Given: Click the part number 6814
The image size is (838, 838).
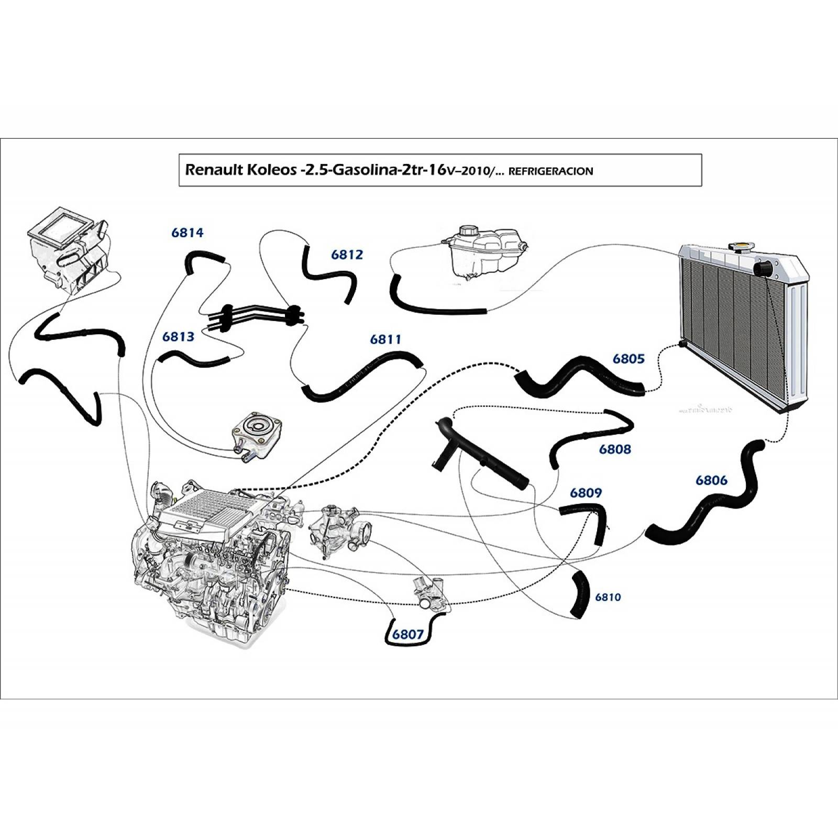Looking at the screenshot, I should coord(188,233).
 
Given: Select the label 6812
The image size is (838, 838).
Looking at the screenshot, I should coord(347,255).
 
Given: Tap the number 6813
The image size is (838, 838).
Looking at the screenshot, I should coord(178,337).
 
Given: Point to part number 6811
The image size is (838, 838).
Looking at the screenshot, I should coord(385,340).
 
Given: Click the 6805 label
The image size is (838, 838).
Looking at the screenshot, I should coord(629,359).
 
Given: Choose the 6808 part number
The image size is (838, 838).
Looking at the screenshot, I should coord(615,449).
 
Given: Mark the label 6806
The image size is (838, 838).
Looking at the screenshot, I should coord(711,480).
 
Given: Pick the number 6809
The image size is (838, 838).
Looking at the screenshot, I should coord(586,493).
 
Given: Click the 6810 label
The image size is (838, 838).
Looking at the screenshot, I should coord(608,597).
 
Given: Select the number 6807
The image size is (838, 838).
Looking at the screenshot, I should coord(407,634).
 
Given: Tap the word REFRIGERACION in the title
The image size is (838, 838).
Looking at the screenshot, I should coord(550,171).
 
